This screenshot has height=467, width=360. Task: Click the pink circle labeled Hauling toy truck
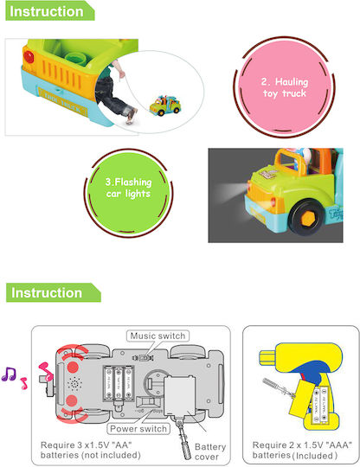(285, 87)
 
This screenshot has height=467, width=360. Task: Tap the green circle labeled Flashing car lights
(128, 193)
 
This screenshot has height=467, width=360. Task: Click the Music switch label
(157, 336)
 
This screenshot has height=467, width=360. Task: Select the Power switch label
(138, 429)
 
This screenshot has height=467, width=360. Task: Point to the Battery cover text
(210, 451)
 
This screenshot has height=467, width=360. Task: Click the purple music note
(9, 374)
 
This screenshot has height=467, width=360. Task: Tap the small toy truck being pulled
(165, 106)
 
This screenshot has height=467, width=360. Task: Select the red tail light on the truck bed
(29, 56)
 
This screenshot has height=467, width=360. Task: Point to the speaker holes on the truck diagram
(74, 384)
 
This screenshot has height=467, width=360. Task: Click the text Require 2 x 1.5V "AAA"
(302, 445)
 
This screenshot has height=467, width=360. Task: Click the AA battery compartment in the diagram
(119, 383)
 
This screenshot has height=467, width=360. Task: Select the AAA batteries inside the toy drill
(321, 405)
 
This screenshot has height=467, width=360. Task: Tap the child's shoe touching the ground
(132, 116)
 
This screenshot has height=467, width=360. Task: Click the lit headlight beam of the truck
(230, 190)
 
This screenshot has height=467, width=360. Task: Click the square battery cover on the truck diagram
(180, 395)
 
